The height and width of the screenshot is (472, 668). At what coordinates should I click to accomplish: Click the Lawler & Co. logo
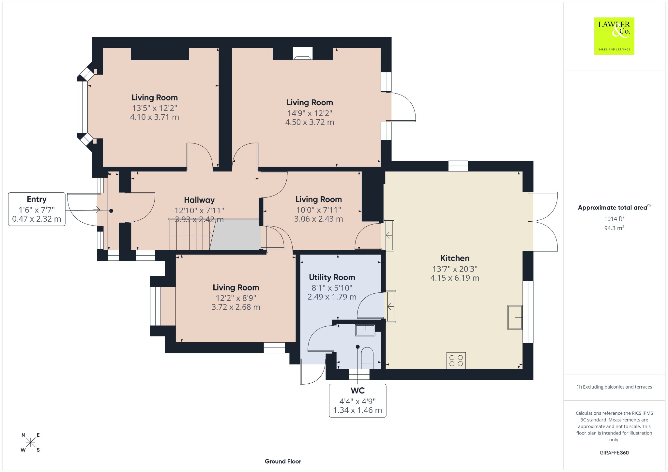click(614, 36)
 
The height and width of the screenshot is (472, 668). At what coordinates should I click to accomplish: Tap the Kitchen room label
click(455, 258)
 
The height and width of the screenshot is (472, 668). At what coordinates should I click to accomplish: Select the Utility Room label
click(332, 277)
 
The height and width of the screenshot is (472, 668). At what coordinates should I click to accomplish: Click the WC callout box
click(357, 401)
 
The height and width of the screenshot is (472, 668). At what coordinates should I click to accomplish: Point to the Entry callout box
click(37, 209)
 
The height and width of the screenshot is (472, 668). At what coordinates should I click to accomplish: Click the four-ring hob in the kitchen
click(456, 360)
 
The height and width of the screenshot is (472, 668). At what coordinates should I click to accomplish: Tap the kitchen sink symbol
click(515, 317)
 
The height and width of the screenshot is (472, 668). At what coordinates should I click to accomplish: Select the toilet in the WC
click(367, 358)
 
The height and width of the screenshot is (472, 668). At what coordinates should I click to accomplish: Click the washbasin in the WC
click(365, 330)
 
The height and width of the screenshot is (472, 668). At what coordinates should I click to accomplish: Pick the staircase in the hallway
click(190, 234)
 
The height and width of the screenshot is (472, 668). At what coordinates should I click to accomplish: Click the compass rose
click(31, 442)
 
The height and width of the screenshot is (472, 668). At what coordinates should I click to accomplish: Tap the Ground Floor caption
click(283, 461)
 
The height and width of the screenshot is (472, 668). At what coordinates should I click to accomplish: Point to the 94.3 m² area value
click(614, 228)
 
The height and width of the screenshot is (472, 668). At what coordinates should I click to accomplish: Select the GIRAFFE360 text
click(614, 453)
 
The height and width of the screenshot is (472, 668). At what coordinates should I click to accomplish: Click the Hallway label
click(199, 200)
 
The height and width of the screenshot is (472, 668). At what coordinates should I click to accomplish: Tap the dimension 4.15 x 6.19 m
click(455, 278)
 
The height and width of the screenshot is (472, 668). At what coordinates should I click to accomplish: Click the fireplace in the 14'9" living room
click(302, 54)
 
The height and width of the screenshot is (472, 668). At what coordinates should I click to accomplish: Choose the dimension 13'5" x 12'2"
click(155, 108)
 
